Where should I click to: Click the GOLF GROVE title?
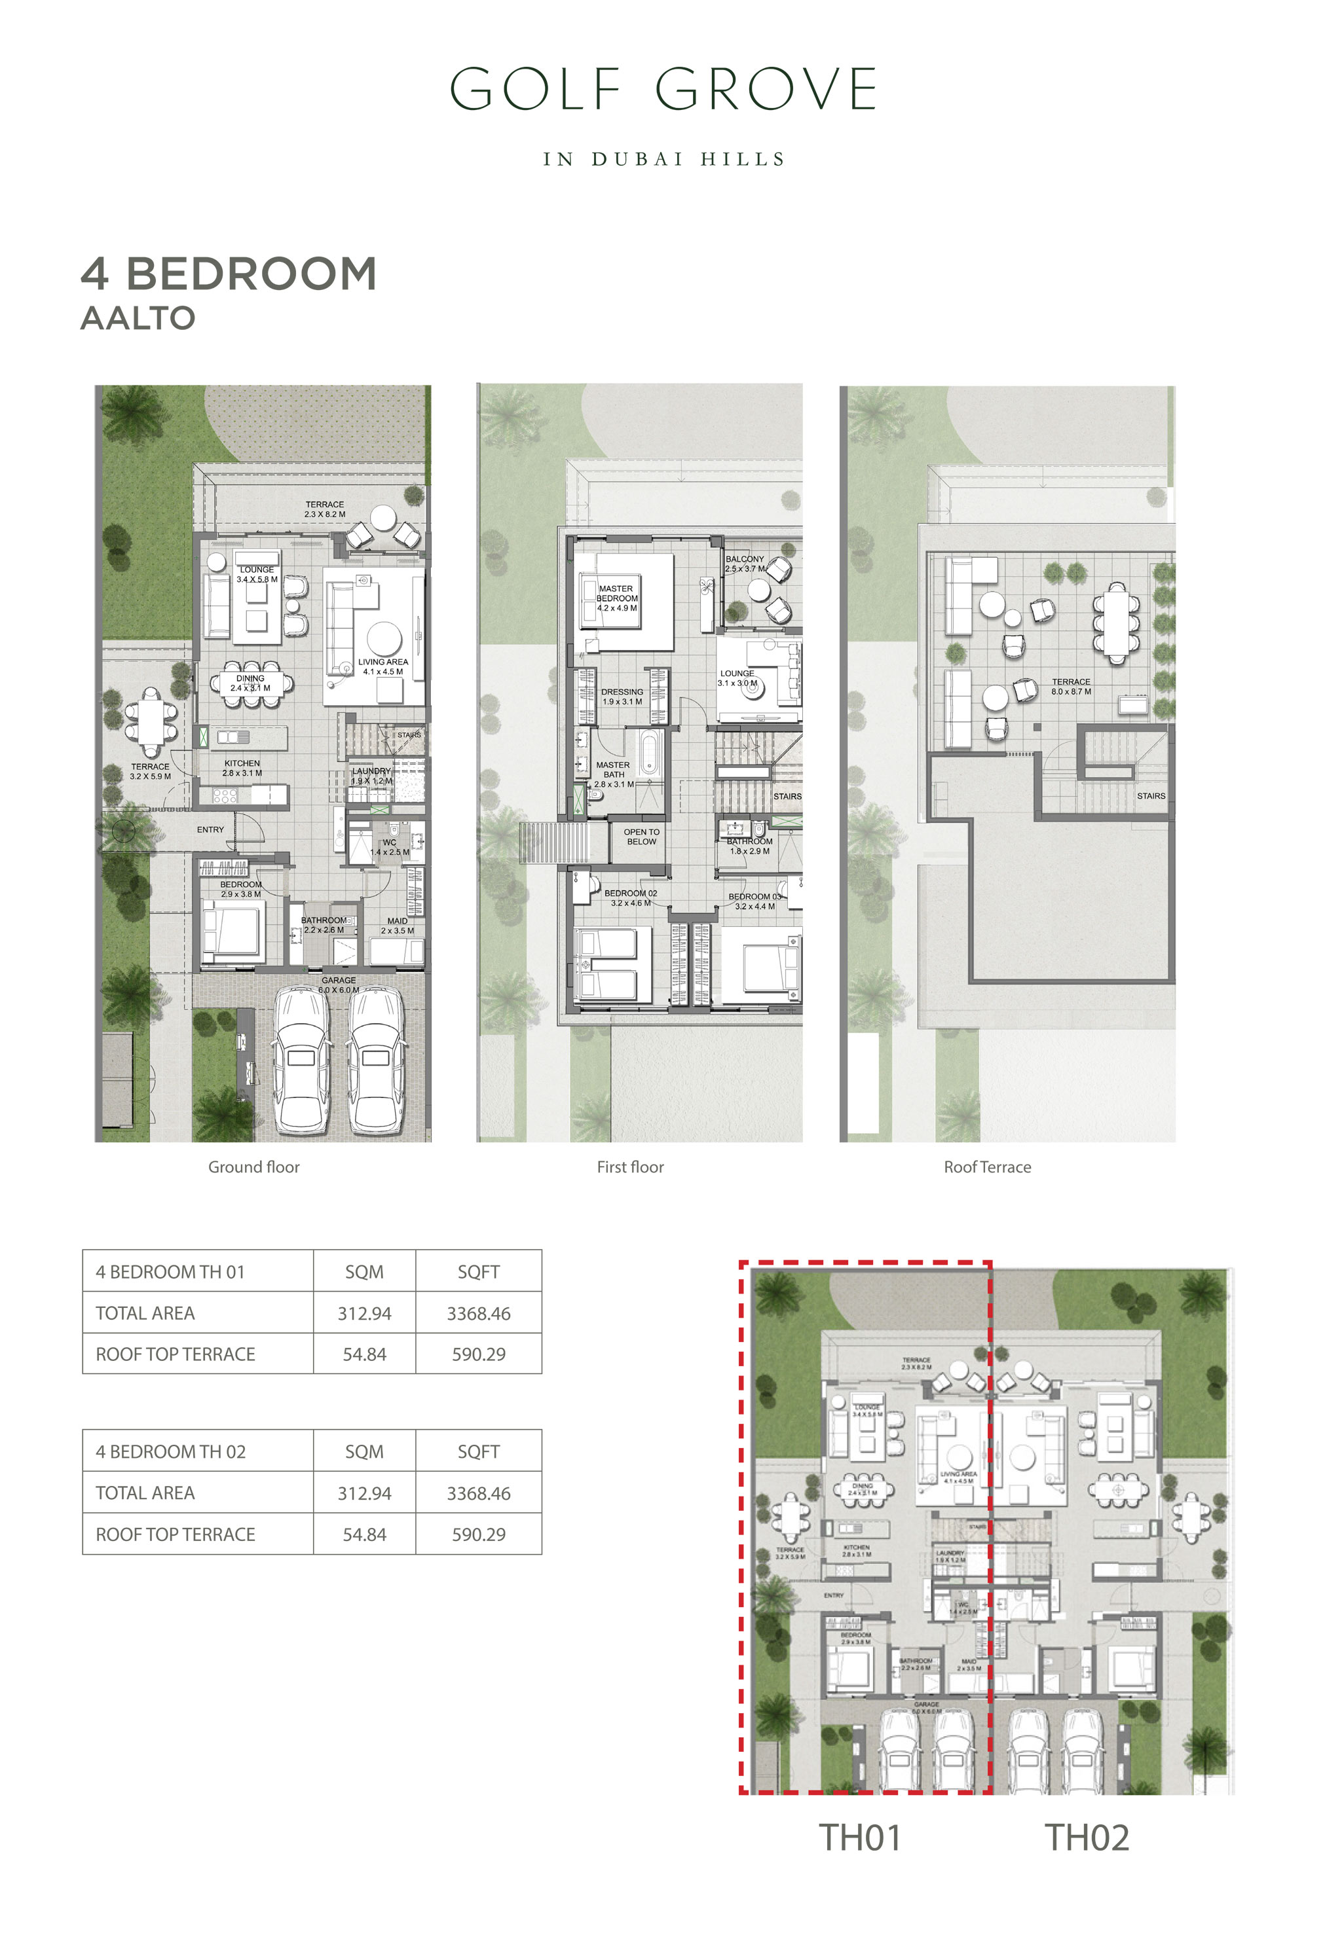coord(663,89)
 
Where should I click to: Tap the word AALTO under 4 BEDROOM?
coord(138,319)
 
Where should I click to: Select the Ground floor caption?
coord(254,1167)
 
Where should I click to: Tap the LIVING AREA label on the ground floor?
coord(382,666)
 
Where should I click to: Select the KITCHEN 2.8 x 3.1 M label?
coord(242,767)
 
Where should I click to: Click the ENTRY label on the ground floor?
coord(210,829)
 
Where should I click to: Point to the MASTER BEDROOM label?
coord(616,598)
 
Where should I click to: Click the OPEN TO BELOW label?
coord(642,836)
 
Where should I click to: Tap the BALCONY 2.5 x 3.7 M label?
coord(745,563)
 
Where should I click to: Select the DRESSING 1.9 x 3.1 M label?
coord(622,696)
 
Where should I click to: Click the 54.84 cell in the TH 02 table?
coord(364,1534)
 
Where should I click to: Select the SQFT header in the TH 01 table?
coord(479,1272)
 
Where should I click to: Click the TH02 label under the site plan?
coord(1087,1838)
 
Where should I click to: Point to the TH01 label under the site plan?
coord(859,1838)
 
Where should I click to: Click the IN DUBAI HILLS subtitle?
coord(663,160)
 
